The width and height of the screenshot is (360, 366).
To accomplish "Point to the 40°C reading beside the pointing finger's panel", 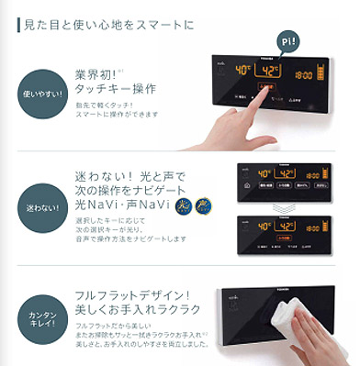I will (243, 70).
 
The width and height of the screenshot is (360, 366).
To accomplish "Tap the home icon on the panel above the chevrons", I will (245, 186).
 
